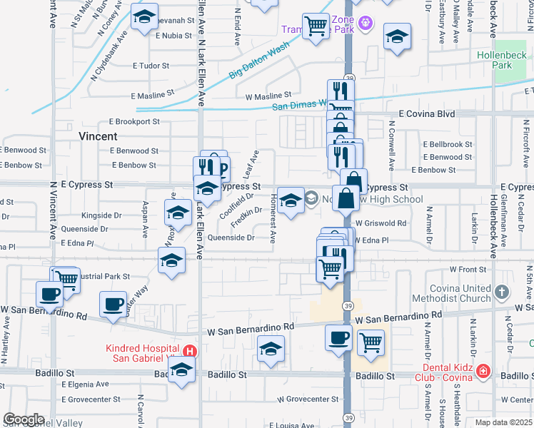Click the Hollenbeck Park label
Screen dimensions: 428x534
(x=503, y=60)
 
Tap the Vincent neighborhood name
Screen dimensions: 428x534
(x=98, y=136)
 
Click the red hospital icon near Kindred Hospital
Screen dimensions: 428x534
(x=189, y=350)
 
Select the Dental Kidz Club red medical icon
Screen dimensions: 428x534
(x=483, y=371)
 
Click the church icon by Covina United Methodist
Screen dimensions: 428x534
(x=502, y=292)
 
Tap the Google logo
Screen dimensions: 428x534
(x=24, y=419)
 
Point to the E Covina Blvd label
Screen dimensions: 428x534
(x=426, y=113)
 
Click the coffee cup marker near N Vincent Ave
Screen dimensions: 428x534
(x=50, y=294)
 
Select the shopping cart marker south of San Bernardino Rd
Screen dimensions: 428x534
(x=371, y=343)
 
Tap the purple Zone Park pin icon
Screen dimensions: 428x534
(x=366, y=24)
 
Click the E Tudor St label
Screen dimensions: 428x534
(x=150, y=66)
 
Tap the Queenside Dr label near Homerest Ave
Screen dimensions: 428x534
(x=231, y=238)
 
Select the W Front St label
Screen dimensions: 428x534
(x=468, y=269)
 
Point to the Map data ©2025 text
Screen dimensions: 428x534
(x=503, y=422)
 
